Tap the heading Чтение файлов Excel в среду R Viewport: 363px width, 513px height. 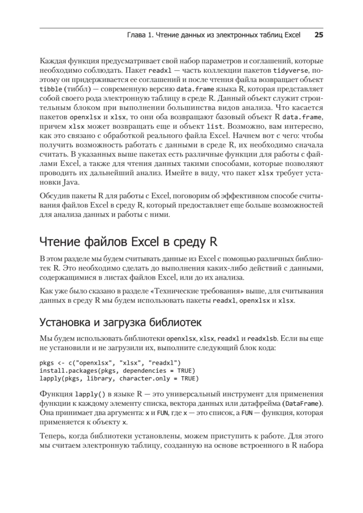(x=129, y=242)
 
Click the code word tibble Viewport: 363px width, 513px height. (x=50, y=89)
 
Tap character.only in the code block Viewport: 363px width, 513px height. (x=142, y=378)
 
